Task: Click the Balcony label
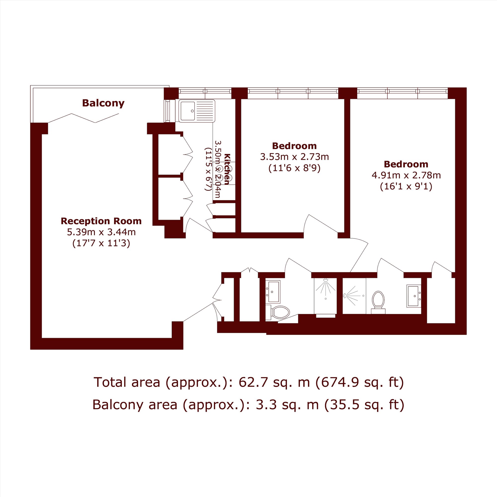pos(103,103)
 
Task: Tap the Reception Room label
pos(101,221)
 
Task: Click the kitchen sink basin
pos(188,111)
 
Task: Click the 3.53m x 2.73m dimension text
pos(294,157)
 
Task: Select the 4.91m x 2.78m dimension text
pos(406,175)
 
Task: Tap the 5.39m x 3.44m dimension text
pos(101,232)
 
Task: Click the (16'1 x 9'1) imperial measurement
pos(406,186)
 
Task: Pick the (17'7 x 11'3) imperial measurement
pos(101,243)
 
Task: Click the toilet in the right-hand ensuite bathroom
pos(378,302)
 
